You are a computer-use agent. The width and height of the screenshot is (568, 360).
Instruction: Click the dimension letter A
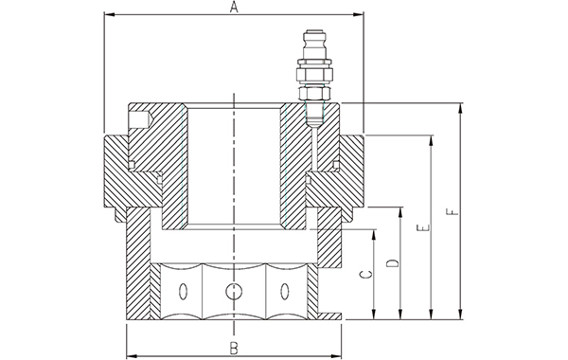pos(235,7)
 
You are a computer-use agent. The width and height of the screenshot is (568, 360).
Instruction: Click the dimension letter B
pos(234,349)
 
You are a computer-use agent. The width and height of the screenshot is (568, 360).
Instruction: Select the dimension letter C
pos(367,275)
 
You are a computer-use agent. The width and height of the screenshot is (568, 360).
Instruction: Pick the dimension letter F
pos(453,211)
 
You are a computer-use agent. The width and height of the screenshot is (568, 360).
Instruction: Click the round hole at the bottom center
pos(234,291)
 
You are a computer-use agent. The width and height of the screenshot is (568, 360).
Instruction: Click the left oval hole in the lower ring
pos(184,291)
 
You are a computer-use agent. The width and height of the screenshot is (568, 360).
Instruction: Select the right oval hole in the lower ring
pos(284,291)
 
